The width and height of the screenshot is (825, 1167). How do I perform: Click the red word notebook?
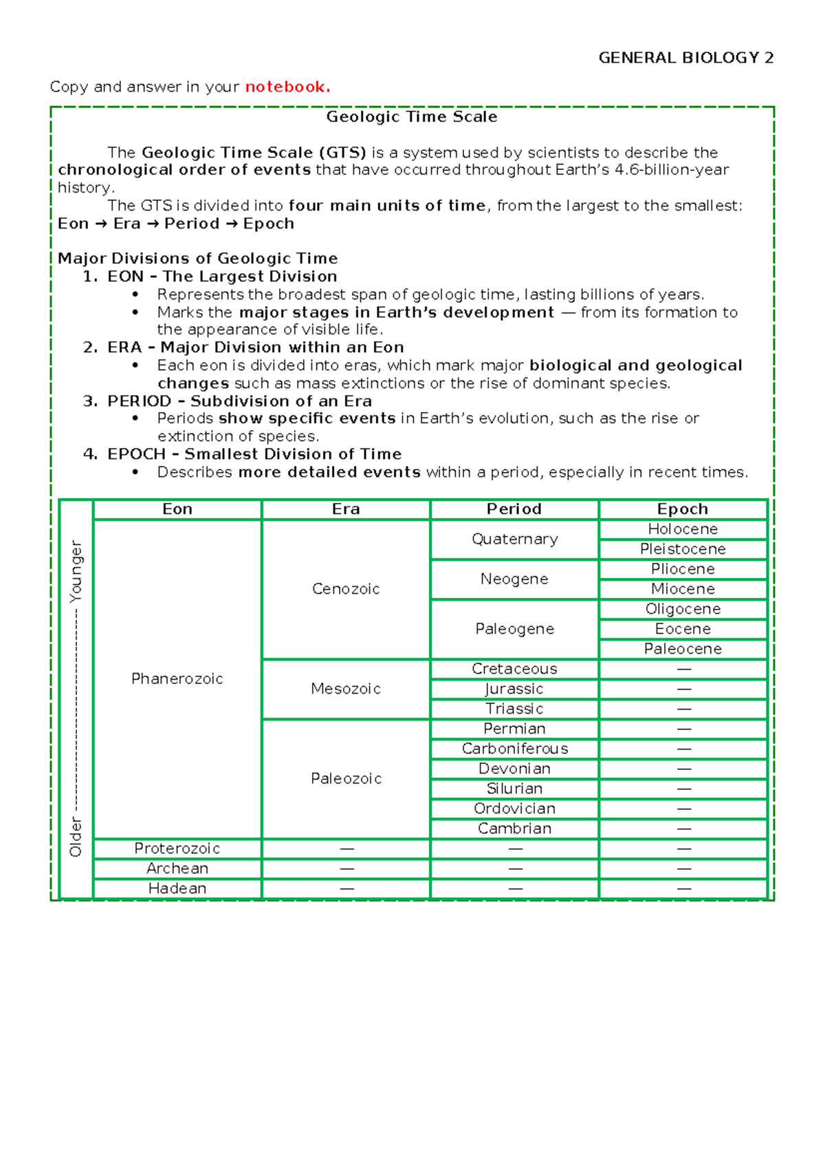pos(287,87)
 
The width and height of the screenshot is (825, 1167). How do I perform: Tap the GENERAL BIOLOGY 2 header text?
pos(685,58)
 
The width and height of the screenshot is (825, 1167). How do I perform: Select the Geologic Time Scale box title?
pos(412,117)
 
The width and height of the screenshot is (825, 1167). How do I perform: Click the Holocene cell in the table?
pos(683,529)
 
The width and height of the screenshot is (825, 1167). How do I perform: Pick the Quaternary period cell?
pos(514,539)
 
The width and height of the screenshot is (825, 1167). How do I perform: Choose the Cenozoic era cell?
pos(346,589)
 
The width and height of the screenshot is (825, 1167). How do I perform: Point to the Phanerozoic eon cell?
pos(177,679)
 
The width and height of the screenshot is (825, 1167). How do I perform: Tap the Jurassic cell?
pos(514,689)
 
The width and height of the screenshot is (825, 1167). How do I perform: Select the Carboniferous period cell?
pos(514,749)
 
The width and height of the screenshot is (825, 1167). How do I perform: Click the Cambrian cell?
pos(514,828)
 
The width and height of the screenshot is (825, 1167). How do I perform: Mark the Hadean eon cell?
pos(177,888)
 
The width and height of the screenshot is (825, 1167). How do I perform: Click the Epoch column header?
pos(683,509)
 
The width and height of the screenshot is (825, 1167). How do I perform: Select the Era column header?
pos(346,509)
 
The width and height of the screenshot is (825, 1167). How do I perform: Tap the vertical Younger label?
pos(76,571)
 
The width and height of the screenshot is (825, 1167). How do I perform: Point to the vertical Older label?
pos(76,837)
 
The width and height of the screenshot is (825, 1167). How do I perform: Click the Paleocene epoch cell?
pos(683,649)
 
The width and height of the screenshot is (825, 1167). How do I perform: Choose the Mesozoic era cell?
pos(346,689)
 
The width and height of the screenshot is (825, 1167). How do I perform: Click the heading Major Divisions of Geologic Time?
pos(198,259)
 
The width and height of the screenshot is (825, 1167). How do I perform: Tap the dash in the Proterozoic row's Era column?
pos(346,849)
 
